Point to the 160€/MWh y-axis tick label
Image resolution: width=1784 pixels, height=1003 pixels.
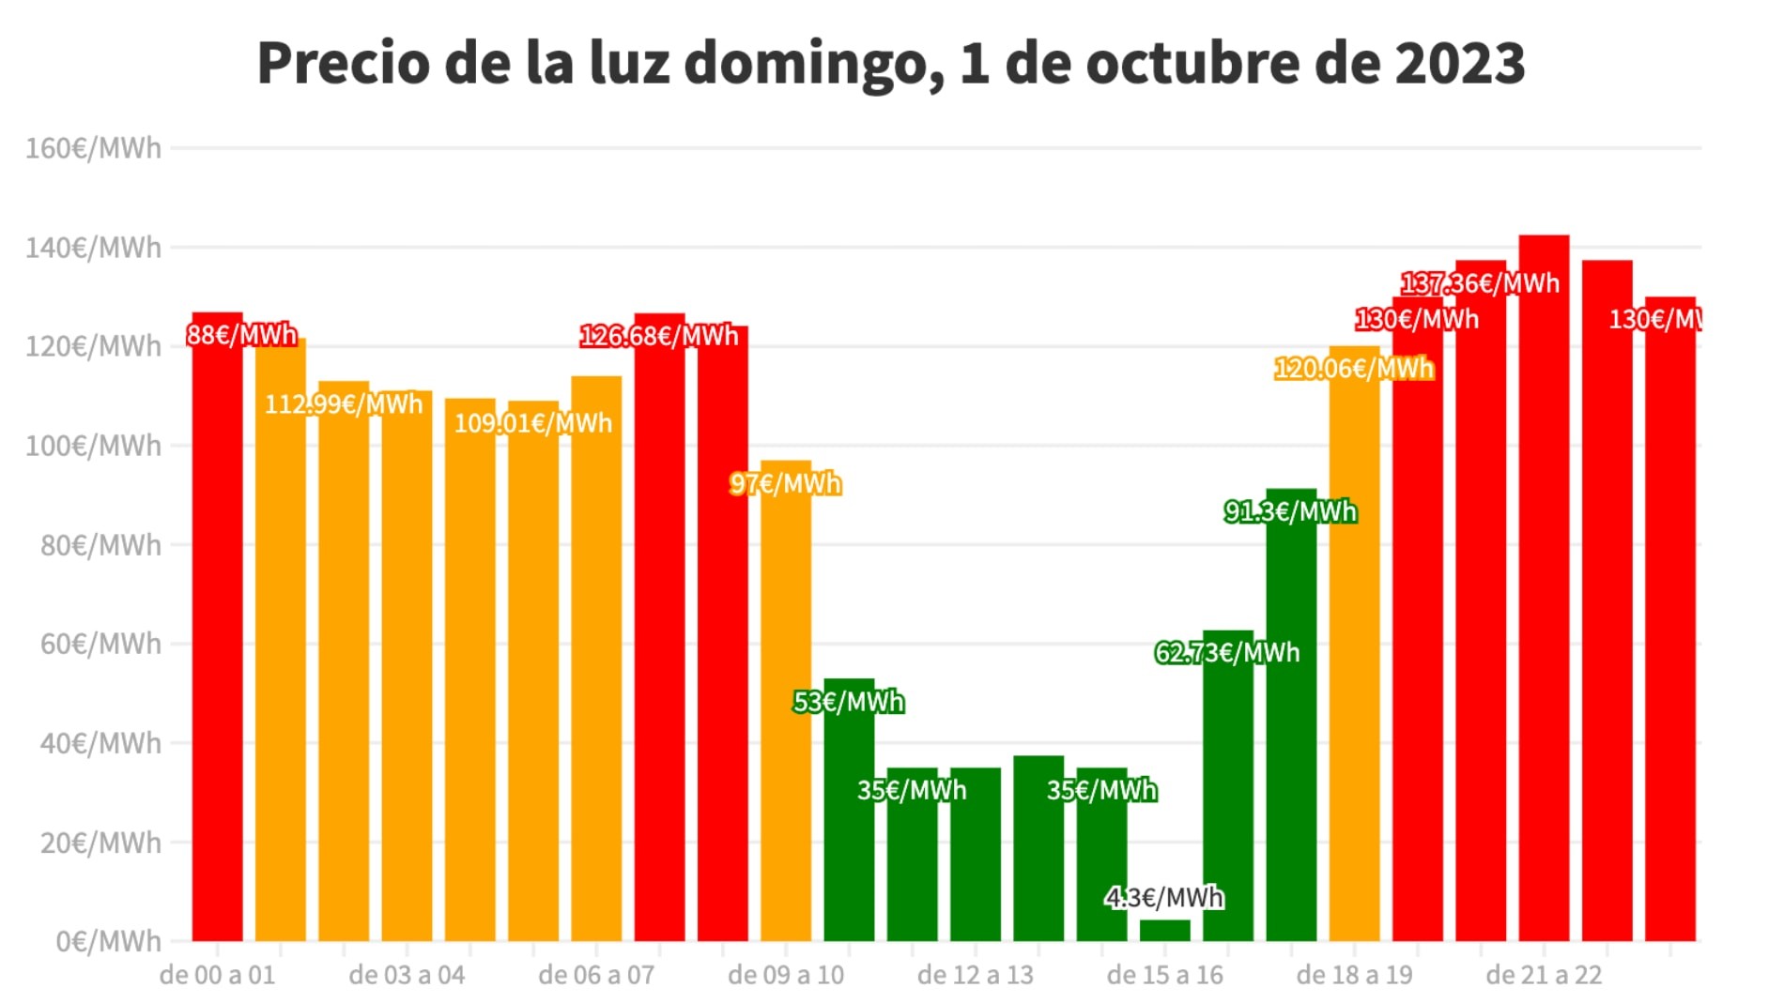(93, 148)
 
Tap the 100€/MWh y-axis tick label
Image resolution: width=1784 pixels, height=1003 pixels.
(93, 446)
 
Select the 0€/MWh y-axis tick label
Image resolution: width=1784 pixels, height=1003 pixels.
(108, 941)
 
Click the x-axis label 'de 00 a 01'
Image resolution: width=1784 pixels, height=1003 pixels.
(218, 975)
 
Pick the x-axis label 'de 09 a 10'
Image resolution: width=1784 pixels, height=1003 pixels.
(786, 975)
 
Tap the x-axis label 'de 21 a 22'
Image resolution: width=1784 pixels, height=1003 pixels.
(1544, 975)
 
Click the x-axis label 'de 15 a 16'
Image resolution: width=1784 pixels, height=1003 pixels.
(1165, 975)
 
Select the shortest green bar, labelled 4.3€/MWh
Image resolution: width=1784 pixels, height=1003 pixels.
(1165, 931)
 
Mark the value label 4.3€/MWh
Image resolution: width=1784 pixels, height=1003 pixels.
(1165, 898)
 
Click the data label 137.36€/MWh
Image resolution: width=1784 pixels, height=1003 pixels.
(1481, 283)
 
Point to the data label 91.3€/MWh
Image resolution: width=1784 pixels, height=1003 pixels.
(1291, 511)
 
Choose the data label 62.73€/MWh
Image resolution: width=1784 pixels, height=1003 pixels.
(1227, 652)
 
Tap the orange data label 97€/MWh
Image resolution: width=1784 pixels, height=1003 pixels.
(786, 484)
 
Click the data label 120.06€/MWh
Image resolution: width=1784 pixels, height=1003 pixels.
(1354, 369)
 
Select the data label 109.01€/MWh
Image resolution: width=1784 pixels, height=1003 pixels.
(533, 423)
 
